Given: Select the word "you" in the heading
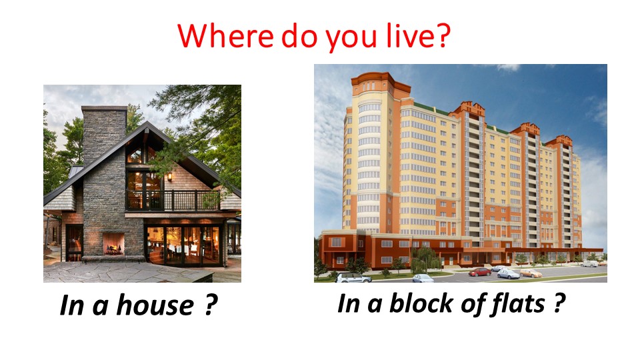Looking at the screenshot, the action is click(351, 39).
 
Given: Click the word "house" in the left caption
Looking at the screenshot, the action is click(155, 305).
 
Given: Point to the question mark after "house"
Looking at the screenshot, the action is click(210, 305).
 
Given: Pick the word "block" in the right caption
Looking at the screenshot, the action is click(421, 303).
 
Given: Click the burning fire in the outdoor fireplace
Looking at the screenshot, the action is click(113, 247).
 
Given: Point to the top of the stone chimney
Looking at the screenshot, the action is click(104, 109).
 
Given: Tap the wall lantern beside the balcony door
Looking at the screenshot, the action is click(169, 177).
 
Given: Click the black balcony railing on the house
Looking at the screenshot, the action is click(173, 201).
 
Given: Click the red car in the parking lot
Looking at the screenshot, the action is click(479, 272).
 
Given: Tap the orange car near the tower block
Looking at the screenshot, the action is click(530, 273).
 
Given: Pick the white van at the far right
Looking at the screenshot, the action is click(589, 264).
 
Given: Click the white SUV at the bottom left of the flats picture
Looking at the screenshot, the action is click(353, 277).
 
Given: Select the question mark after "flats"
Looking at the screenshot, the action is click(559, 303).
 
